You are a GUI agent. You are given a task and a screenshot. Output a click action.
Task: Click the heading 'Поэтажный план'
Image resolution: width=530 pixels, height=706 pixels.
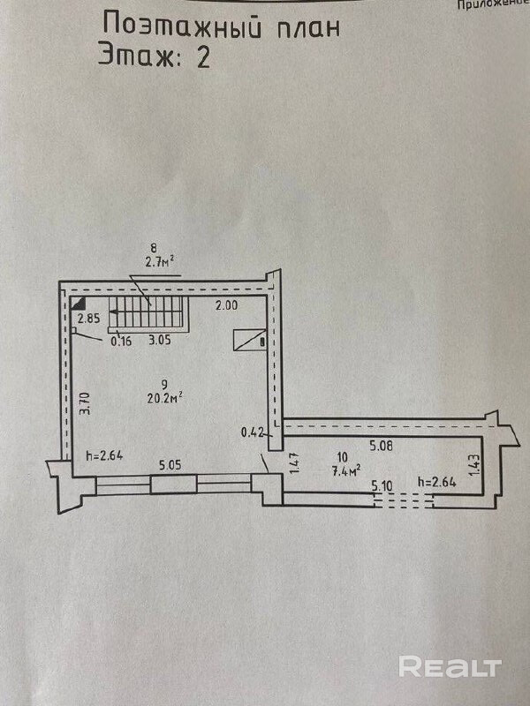[221, 26]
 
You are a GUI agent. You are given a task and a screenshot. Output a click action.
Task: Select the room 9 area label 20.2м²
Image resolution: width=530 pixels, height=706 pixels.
[164, 396]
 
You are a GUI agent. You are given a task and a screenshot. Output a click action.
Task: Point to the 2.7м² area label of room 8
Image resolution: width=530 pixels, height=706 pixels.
[159, 261]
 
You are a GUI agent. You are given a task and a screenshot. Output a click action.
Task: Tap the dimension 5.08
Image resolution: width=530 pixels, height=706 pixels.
[381, 446]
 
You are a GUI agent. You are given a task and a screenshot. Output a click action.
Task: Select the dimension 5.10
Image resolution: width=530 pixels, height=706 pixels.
[382, 484]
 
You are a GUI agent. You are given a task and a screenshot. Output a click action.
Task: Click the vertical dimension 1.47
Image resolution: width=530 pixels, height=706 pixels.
[295, 464]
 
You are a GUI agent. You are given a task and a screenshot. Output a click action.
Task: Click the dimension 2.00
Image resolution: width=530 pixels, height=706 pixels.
[228, 305]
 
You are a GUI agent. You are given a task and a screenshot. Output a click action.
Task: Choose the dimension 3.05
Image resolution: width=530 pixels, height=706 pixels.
[159, 340]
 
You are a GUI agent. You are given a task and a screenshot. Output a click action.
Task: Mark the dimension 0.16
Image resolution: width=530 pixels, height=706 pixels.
[120, 342]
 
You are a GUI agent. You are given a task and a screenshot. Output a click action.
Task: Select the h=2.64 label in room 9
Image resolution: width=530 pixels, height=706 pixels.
[103, 456]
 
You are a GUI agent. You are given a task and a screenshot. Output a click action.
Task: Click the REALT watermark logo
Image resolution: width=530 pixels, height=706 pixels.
[450, 666]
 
